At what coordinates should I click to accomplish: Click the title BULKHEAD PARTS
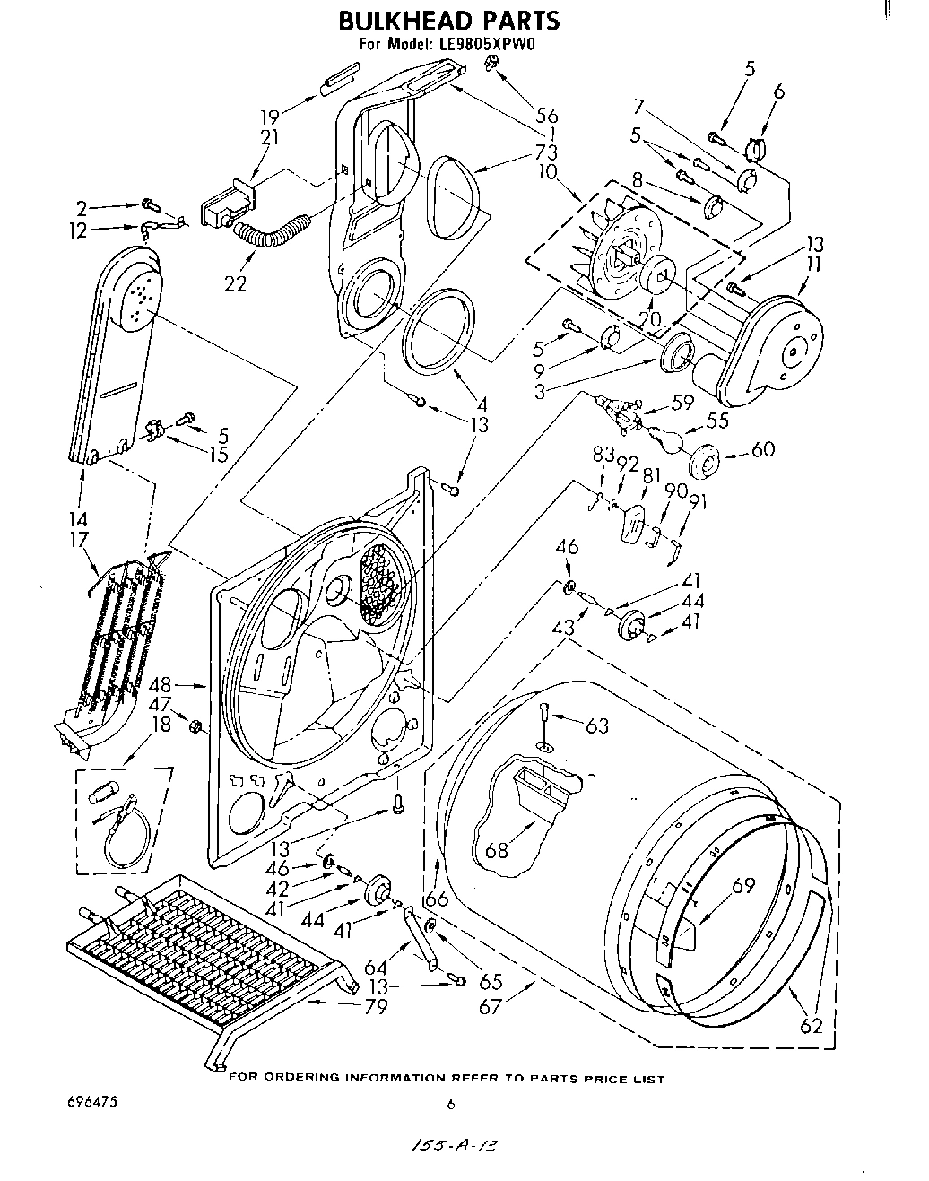point(448,20)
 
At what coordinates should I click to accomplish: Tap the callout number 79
point(376,1006)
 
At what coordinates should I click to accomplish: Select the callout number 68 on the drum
point(497,849)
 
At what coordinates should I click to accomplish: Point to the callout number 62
point(811,1026)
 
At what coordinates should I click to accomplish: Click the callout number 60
point(763,451)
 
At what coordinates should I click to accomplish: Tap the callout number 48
point(161,686)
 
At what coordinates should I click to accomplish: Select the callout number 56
point(546,116)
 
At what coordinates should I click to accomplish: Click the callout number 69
point(743,887)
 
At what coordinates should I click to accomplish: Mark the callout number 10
point(548,171)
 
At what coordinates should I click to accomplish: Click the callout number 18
point(161,725)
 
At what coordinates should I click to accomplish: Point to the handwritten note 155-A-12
point(456,1145)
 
